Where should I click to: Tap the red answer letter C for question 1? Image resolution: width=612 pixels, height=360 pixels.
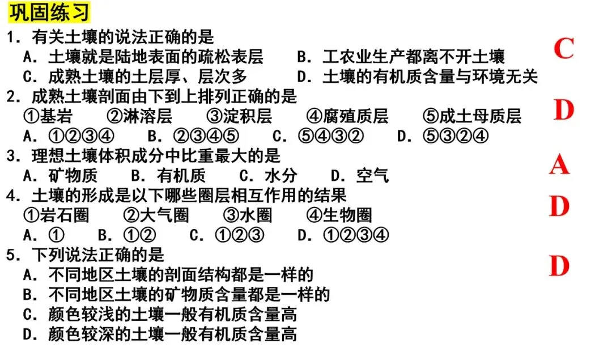(563, 49)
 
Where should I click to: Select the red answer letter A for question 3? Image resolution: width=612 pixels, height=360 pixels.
(559, 165)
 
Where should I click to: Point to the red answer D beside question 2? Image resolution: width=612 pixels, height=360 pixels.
(563, 111)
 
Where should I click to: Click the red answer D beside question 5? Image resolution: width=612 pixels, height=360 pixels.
(559, 265)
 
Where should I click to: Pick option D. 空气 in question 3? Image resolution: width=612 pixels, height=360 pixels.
(360, 176)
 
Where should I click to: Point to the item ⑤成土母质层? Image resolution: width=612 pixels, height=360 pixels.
(471, 117)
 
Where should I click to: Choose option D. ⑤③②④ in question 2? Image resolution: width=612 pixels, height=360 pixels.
(442, 137)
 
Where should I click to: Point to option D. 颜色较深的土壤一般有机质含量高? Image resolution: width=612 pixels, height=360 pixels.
(160, 334)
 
